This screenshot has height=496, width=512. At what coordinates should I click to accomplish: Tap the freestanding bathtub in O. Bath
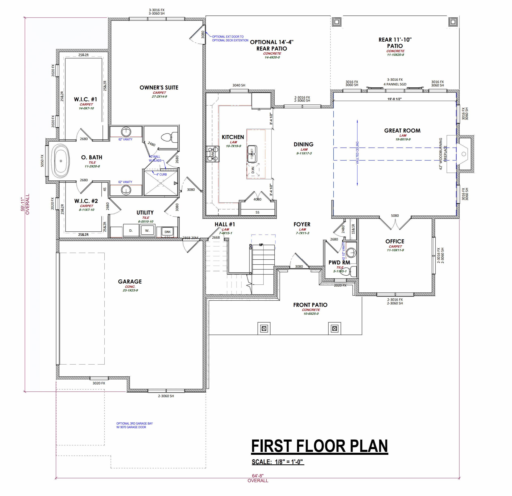pyautogui.click(x=61, y=161)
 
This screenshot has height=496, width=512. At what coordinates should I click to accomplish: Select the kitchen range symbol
pyautogui.click(x=212, y=154)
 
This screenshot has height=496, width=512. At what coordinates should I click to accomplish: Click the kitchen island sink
pyautogui.click(x=252, y=154)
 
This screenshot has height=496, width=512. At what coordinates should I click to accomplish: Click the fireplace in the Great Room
pyautogui.click(x=464, y=154)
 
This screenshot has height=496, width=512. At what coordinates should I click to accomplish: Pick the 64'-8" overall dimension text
pyautogui.click(x=258, y=476)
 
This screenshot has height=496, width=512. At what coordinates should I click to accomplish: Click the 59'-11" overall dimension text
pyautogui.click(x=23, y=204)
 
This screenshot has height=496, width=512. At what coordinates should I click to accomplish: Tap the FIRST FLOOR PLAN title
pyautogui.click(x=319, y=446)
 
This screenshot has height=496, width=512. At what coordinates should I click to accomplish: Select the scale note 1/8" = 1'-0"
pyautogui.click(x=278, y=462)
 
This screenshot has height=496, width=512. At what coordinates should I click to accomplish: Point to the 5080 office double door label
pyautogui.click(x=395, y=216)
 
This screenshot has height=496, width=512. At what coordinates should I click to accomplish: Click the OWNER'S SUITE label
pyautogui.click(x=159, y=88)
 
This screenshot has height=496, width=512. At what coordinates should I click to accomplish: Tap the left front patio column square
pyautogui.click(x=264, y=328)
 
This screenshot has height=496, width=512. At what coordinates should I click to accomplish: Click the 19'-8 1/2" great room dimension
pyautogui.click(x=394, y=99)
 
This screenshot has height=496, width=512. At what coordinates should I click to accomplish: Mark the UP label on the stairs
pyautogui.click(x=261, y=245)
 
